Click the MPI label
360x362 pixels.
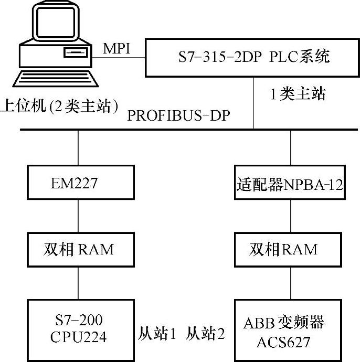point(118,48)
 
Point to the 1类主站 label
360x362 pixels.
point(297,94)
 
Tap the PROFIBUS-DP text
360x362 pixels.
point(178,115)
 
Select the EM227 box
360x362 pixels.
point(78,184)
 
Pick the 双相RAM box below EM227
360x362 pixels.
point(78,249)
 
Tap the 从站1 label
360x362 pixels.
point(157,334)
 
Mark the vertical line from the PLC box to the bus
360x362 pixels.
point(253,102)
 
